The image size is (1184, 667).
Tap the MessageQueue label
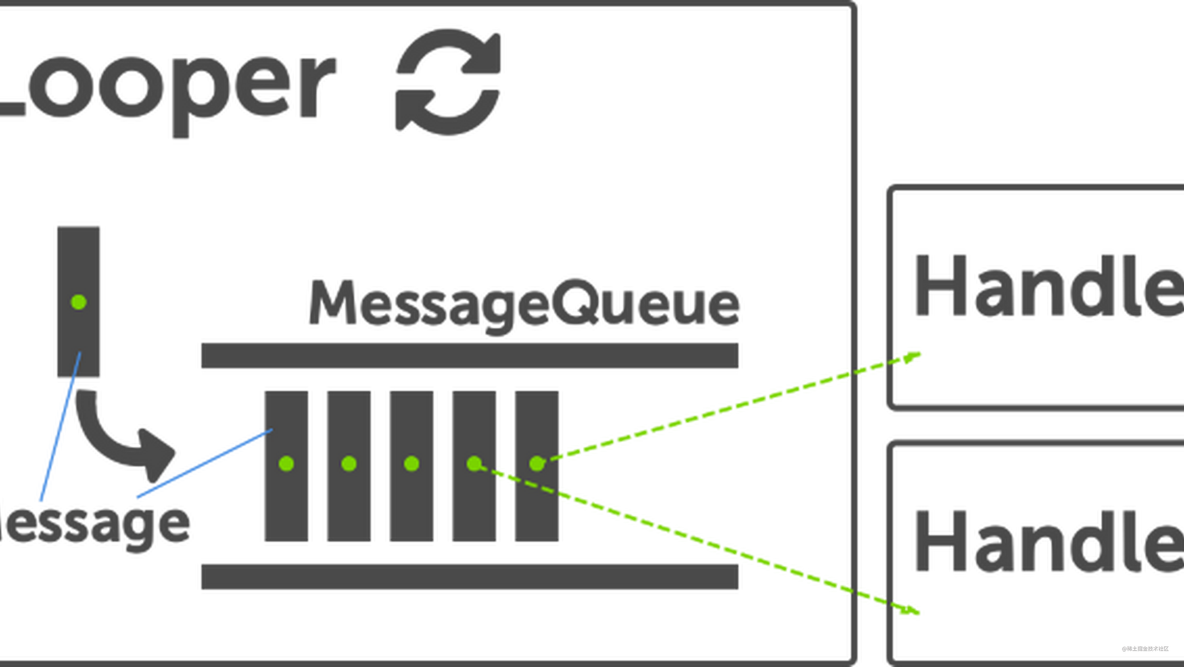pos(524,303)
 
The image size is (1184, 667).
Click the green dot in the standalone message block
pos(79,302)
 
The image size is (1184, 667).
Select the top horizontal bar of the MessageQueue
pos(469,355)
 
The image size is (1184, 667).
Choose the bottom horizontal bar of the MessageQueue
pos(469,577)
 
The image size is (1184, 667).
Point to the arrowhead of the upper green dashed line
pos(912,357)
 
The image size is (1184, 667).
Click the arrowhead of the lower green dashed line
pos(910,610)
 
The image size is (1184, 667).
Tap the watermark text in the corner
pos(1144,648)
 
